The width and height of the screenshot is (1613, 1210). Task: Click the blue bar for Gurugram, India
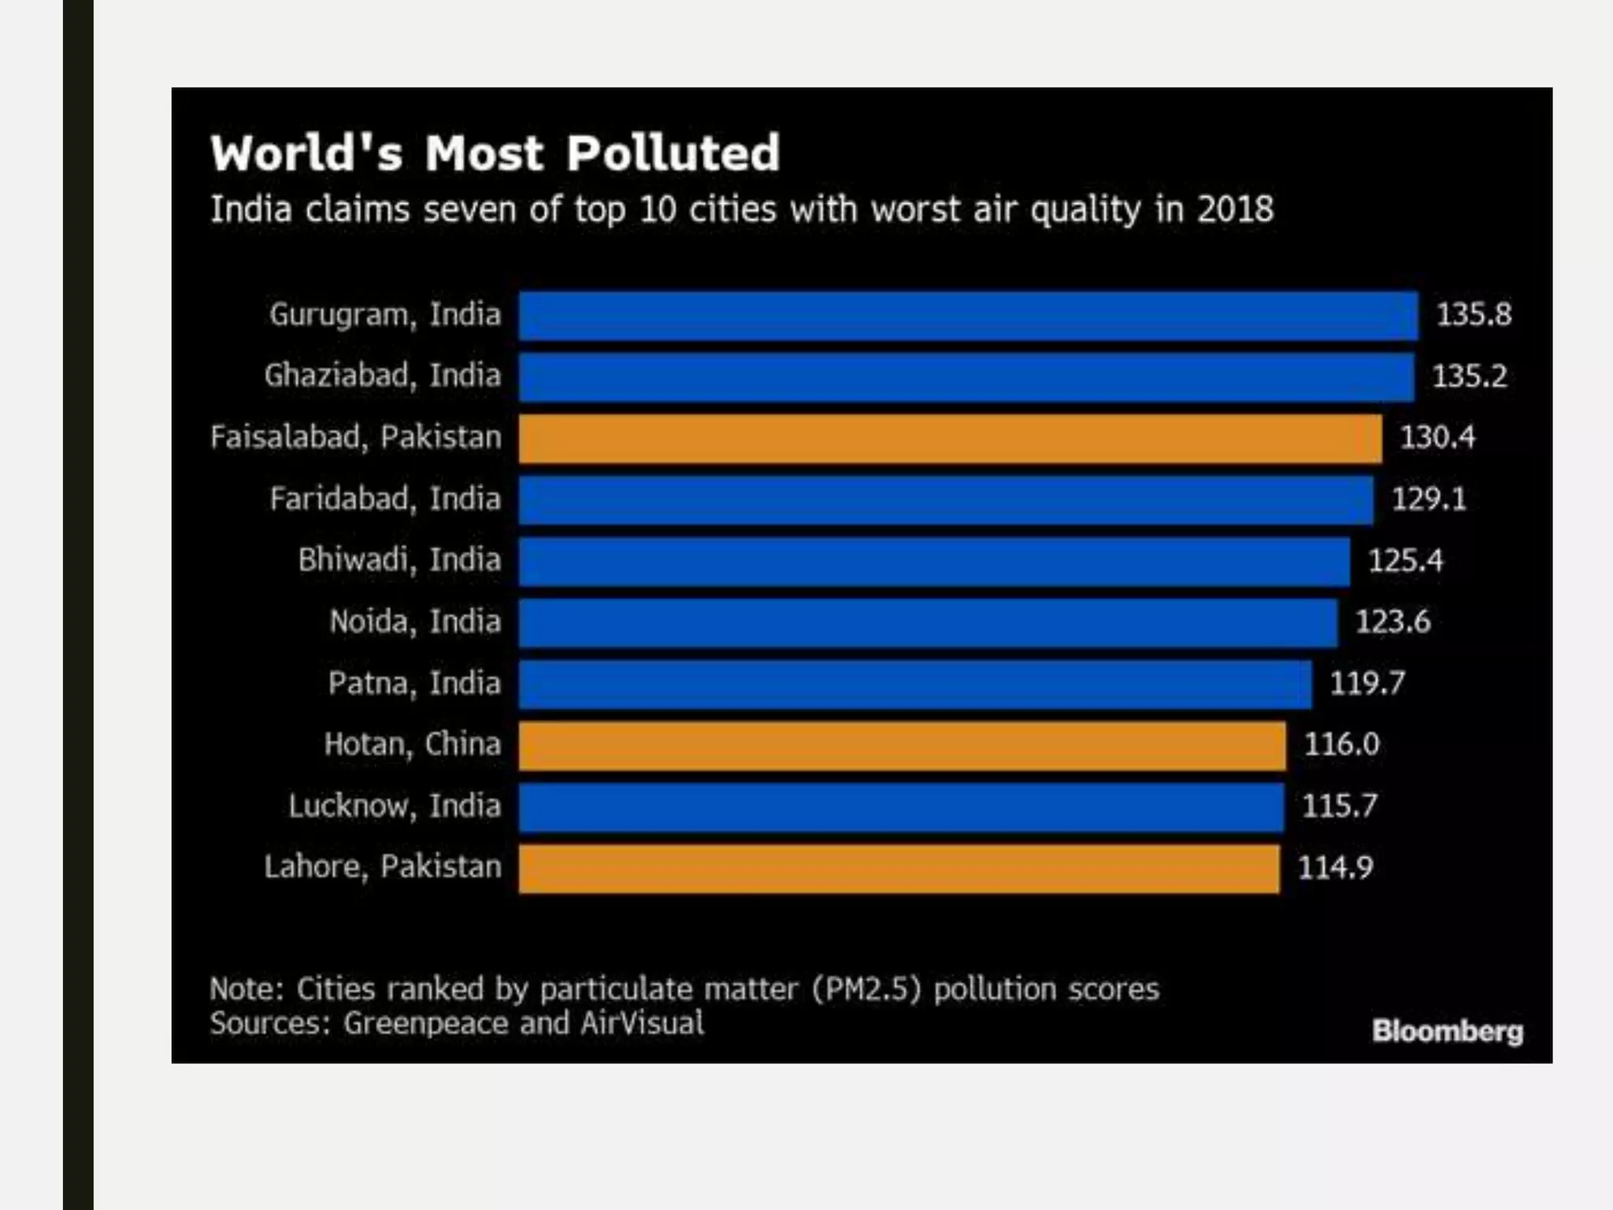[968, 315]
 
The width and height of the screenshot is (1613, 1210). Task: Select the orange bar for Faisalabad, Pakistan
[950, 438]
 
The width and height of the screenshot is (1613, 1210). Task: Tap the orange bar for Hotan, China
[902, 745]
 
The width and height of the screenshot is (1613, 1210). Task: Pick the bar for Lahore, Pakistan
[899, 868]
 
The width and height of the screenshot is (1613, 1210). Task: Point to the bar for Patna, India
[915, 684]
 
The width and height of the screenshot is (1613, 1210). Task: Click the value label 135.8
[1474, 315]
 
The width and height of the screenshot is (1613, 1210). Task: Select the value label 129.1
[1429, 499]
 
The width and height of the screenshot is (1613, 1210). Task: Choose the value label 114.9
[1335, 868]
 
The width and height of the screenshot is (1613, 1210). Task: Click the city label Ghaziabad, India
[383, 376]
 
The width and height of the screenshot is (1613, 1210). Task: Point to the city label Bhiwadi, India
[399, 560]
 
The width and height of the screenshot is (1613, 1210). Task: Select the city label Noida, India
[415, 622]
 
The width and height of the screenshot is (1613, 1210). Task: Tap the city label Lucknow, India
[395, 806]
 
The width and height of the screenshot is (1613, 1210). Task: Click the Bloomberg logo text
[1447, 1031]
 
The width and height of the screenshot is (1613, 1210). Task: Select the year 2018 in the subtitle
[1235, 210]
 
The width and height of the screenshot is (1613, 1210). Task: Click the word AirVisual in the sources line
[642, 1023]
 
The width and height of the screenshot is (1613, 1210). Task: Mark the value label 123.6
[1392, 622]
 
